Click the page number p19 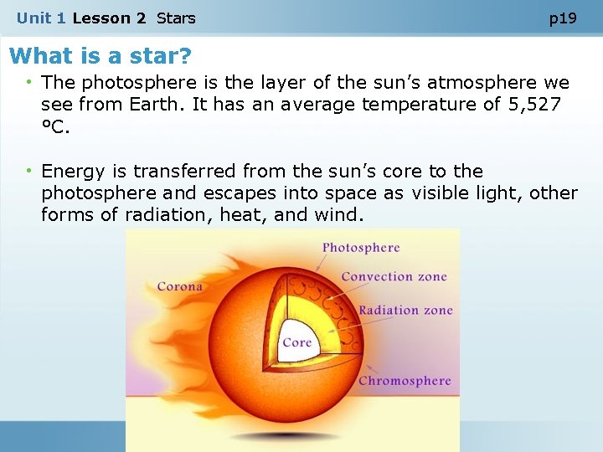pyautogui.click(x=563, y=18)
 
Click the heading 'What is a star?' pyautogui.click(x=100, y=57)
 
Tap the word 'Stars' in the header pyautogui.click(x=176, y=18)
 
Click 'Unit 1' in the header pyautogui.click(x=41, y=18)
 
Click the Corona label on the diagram pyautogui.click(x=180, y=286)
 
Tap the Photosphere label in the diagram pyautogui.click(x=361, y=248)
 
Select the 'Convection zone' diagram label pyautogui.click(x=394, y=277)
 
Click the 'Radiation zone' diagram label pyautogui.click(x=405, y=311)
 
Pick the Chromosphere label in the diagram pyautogui.click(x=405, y=381)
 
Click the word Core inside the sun pyautogui.click(x=296, y=342)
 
